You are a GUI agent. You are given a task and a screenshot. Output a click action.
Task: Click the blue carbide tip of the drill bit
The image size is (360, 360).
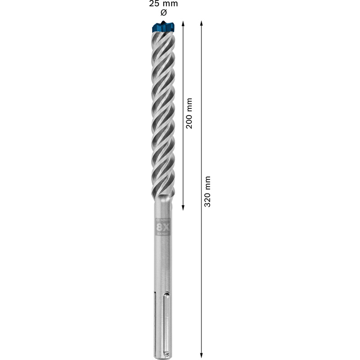162,27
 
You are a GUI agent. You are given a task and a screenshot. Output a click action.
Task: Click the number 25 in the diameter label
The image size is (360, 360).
154,4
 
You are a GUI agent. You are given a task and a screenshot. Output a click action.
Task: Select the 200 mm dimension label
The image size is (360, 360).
189,113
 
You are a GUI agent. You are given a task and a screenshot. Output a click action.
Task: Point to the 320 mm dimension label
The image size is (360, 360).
207,191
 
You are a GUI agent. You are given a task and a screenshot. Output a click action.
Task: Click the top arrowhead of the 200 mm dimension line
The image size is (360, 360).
183,23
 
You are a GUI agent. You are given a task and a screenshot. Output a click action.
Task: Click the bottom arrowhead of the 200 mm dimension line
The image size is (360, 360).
183,207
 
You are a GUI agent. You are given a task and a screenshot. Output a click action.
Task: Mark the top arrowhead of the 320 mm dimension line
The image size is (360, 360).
201,23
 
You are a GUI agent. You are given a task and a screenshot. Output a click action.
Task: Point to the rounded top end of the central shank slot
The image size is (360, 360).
166,294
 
